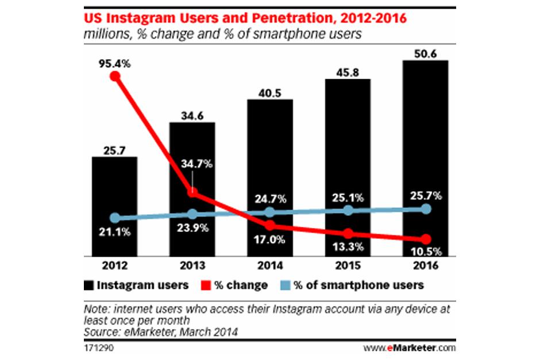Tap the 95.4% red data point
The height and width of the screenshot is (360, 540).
pyautogui.click(x=115, y=76)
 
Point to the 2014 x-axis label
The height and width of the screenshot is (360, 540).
pyautogui.click(x=270, y=266)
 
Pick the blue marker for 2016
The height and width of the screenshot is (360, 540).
pyautogui.click(x=426, y=209)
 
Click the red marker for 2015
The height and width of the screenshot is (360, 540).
pyautogui.click(x=348, y=234)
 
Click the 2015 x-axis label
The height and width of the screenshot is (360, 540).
pyautogui.click(x=348, y=266)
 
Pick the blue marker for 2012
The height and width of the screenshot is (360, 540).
pyautogui.click(x=115, y=218)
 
